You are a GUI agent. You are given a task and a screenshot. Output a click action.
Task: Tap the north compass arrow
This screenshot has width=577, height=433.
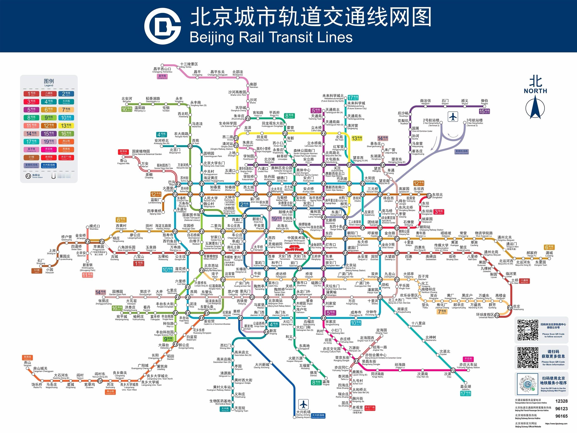click(535, 107)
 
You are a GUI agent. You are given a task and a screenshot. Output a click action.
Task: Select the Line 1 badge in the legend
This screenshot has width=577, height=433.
click(31, 94)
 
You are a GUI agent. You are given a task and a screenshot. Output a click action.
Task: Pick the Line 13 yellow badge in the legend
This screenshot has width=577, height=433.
click(66, 126)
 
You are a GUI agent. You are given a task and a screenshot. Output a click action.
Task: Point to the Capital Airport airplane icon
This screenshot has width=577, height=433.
click(453, 117)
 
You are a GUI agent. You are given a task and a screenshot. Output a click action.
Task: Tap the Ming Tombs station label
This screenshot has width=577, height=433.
click(189, 65)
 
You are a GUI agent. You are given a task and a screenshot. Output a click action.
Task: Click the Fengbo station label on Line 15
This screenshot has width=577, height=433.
click(484, 101)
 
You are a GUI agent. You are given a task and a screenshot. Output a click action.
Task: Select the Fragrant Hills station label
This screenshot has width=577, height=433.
click(123, 162)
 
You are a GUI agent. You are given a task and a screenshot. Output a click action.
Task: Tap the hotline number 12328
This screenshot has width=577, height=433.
click(561, 401)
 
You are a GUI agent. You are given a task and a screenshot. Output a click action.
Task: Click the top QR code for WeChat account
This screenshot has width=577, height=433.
click(528, 330)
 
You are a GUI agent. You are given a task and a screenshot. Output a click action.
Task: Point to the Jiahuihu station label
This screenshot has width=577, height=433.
click(466, 387)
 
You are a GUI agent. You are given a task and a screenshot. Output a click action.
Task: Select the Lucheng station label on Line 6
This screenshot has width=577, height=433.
click(549, 254)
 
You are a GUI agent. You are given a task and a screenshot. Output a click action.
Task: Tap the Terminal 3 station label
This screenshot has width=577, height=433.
click(474, 121)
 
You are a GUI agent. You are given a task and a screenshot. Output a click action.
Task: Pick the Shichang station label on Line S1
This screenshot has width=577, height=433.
click(41, 261)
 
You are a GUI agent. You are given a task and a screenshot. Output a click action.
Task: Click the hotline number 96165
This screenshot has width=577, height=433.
click(561, 416)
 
